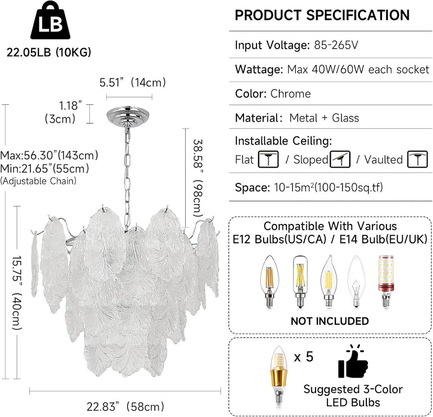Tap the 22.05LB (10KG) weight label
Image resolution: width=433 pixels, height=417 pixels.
(49, 52)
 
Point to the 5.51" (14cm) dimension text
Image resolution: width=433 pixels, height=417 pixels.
(133, 82)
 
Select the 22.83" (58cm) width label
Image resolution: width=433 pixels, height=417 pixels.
(126, 406)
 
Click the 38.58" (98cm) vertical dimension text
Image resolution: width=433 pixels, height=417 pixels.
(198, 178)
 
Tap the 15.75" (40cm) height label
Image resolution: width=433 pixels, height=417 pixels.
(17, 293)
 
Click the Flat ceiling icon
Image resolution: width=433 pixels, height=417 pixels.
(268, 159)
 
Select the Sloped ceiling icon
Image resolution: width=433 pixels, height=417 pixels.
(340, 159)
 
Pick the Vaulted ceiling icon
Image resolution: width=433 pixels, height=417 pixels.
(417, 159)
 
